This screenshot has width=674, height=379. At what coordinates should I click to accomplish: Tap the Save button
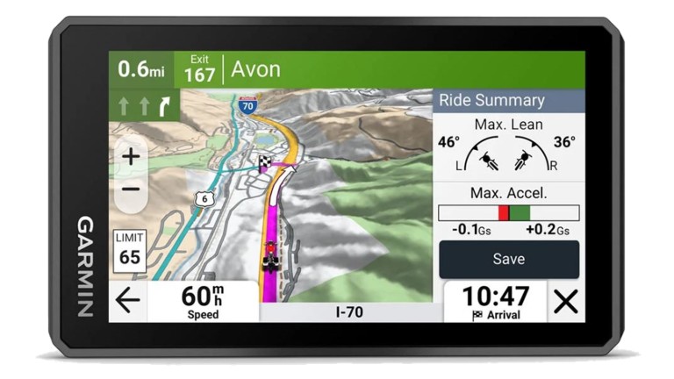coord(508,259)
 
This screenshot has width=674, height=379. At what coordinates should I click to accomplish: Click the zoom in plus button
coord(131,157)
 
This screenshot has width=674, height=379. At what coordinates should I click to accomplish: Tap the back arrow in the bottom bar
coord(128,301)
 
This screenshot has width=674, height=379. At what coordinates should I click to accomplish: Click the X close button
coord(566,302)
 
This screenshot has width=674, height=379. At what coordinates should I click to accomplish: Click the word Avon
coord(255,69)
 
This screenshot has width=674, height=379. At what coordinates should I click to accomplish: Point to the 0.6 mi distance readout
coord(141,68)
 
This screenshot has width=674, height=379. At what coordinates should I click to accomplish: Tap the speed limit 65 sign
coord(130,250)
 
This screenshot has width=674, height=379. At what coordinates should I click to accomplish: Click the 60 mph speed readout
coord(203,300)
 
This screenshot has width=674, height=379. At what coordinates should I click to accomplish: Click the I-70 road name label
coord(350,311)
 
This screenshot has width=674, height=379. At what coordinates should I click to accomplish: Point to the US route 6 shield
coord(204,199)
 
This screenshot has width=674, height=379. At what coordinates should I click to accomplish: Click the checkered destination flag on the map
coord(264,162)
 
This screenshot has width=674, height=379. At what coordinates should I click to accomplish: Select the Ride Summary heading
coord(491,100)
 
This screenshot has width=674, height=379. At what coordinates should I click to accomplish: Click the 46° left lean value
coord(448,142)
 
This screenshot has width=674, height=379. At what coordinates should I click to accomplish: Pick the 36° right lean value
coord(564,142)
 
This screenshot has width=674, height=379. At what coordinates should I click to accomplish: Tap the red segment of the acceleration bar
coord(504,212)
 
